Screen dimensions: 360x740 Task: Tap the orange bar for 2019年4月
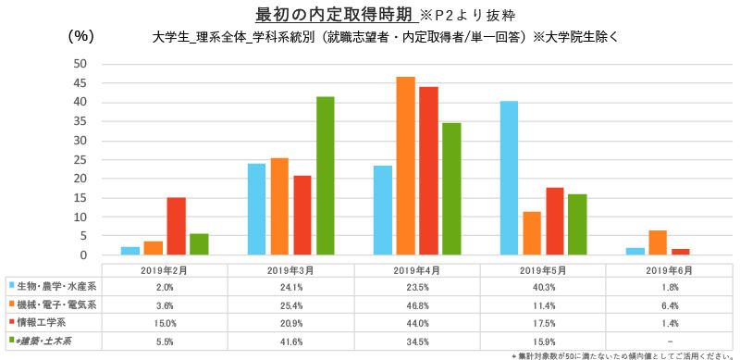(405, 166)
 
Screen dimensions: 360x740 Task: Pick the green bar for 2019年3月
(325, 176)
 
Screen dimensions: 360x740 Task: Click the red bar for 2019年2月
(176, 226)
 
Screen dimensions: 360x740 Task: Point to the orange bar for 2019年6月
(658, 242)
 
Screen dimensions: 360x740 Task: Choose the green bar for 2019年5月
(576, 225)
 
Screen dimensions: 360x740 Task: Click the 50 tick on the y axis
(80, 64)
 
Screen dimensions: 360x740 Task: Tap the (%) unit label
(81, 36)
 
